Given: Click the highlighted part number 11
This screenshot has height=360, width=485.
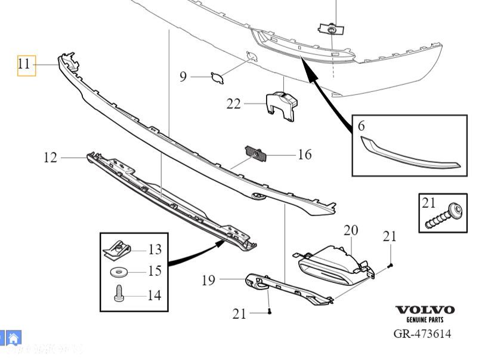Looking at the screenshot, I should (x=25, y=64).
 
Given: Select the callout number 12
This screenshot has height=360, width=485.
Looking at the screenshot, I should (x=51, y=158).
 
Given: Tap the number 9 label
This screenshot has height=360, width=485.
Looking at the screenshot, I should (x=183, y=76).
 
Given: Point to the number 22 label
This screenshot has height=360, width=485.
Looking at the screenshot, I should (x=233, y=104).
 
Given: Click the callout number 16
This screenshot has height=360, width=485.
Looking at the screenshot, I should (x=304, y=155).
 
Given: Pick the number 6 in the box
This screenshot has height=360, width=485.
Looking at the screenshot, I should (x=362, y=126).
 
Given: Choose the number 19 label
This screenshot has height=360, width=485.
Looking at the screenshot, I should (x=208, y=279).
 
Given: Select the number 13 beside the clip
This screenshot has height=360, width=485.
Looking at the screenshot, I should (x=155, y=249).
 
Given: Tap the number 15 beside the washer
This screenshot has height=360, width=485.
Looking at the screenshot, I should (x=155, y=271).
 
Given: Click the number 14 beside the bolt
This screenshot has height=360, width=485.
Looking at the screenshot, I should (x=154, y=294).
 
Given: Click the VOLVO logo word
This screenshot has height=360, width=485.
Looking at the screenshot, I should (x=425, y=310).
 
